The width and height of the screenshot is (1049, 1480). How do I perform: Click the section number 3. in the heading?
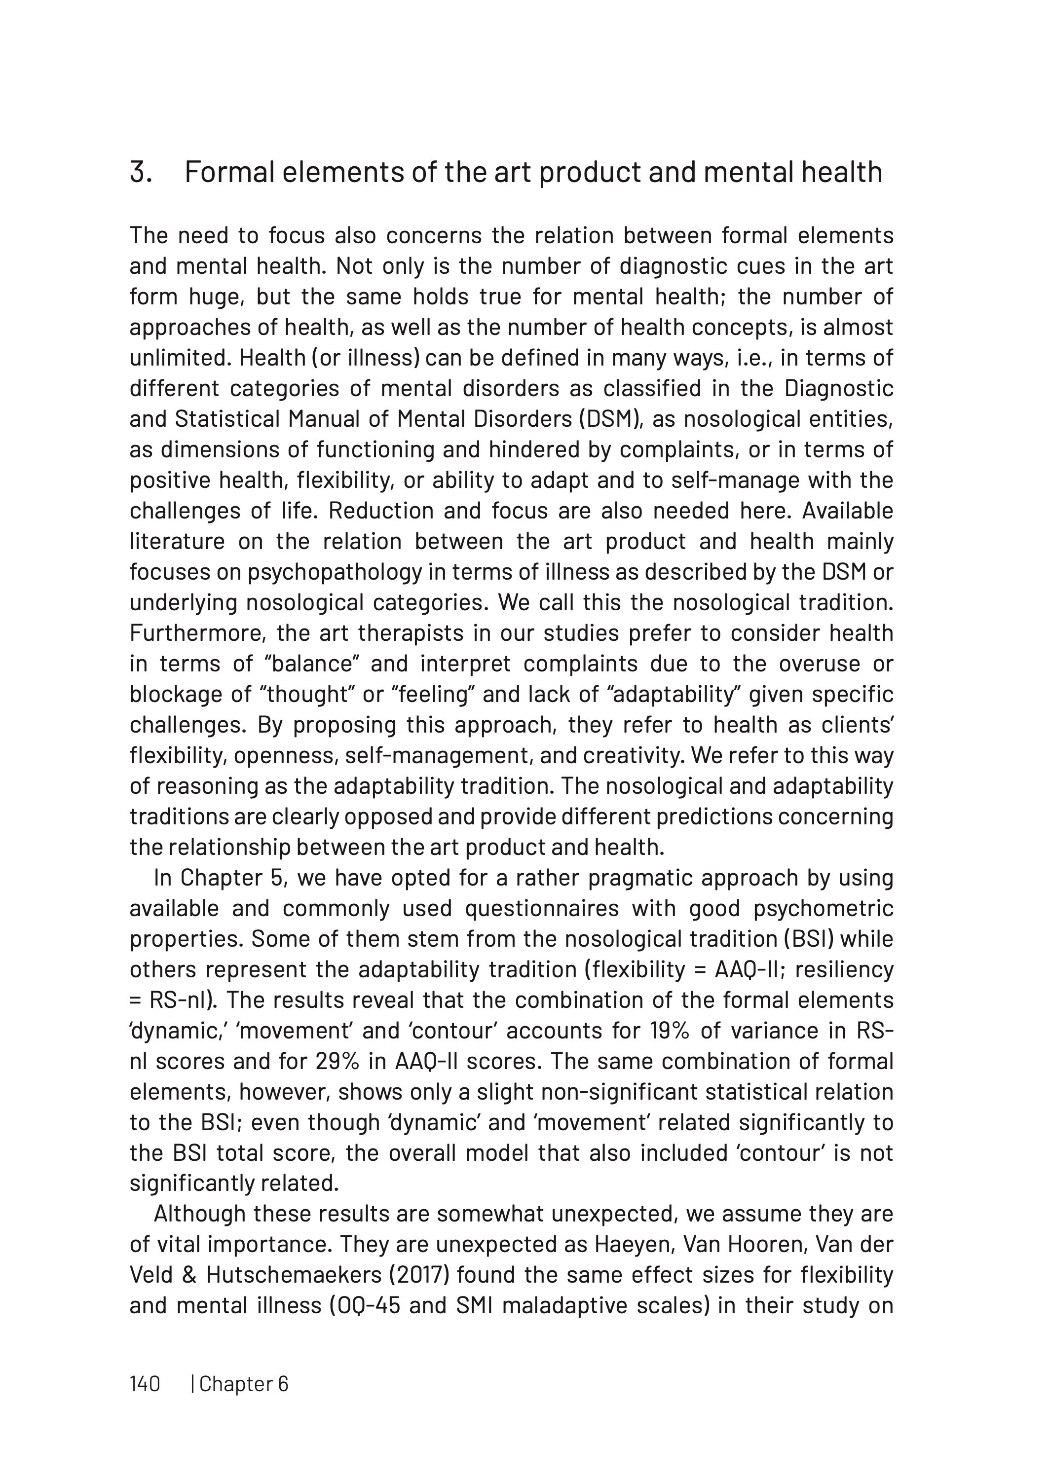click(140, 172)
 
